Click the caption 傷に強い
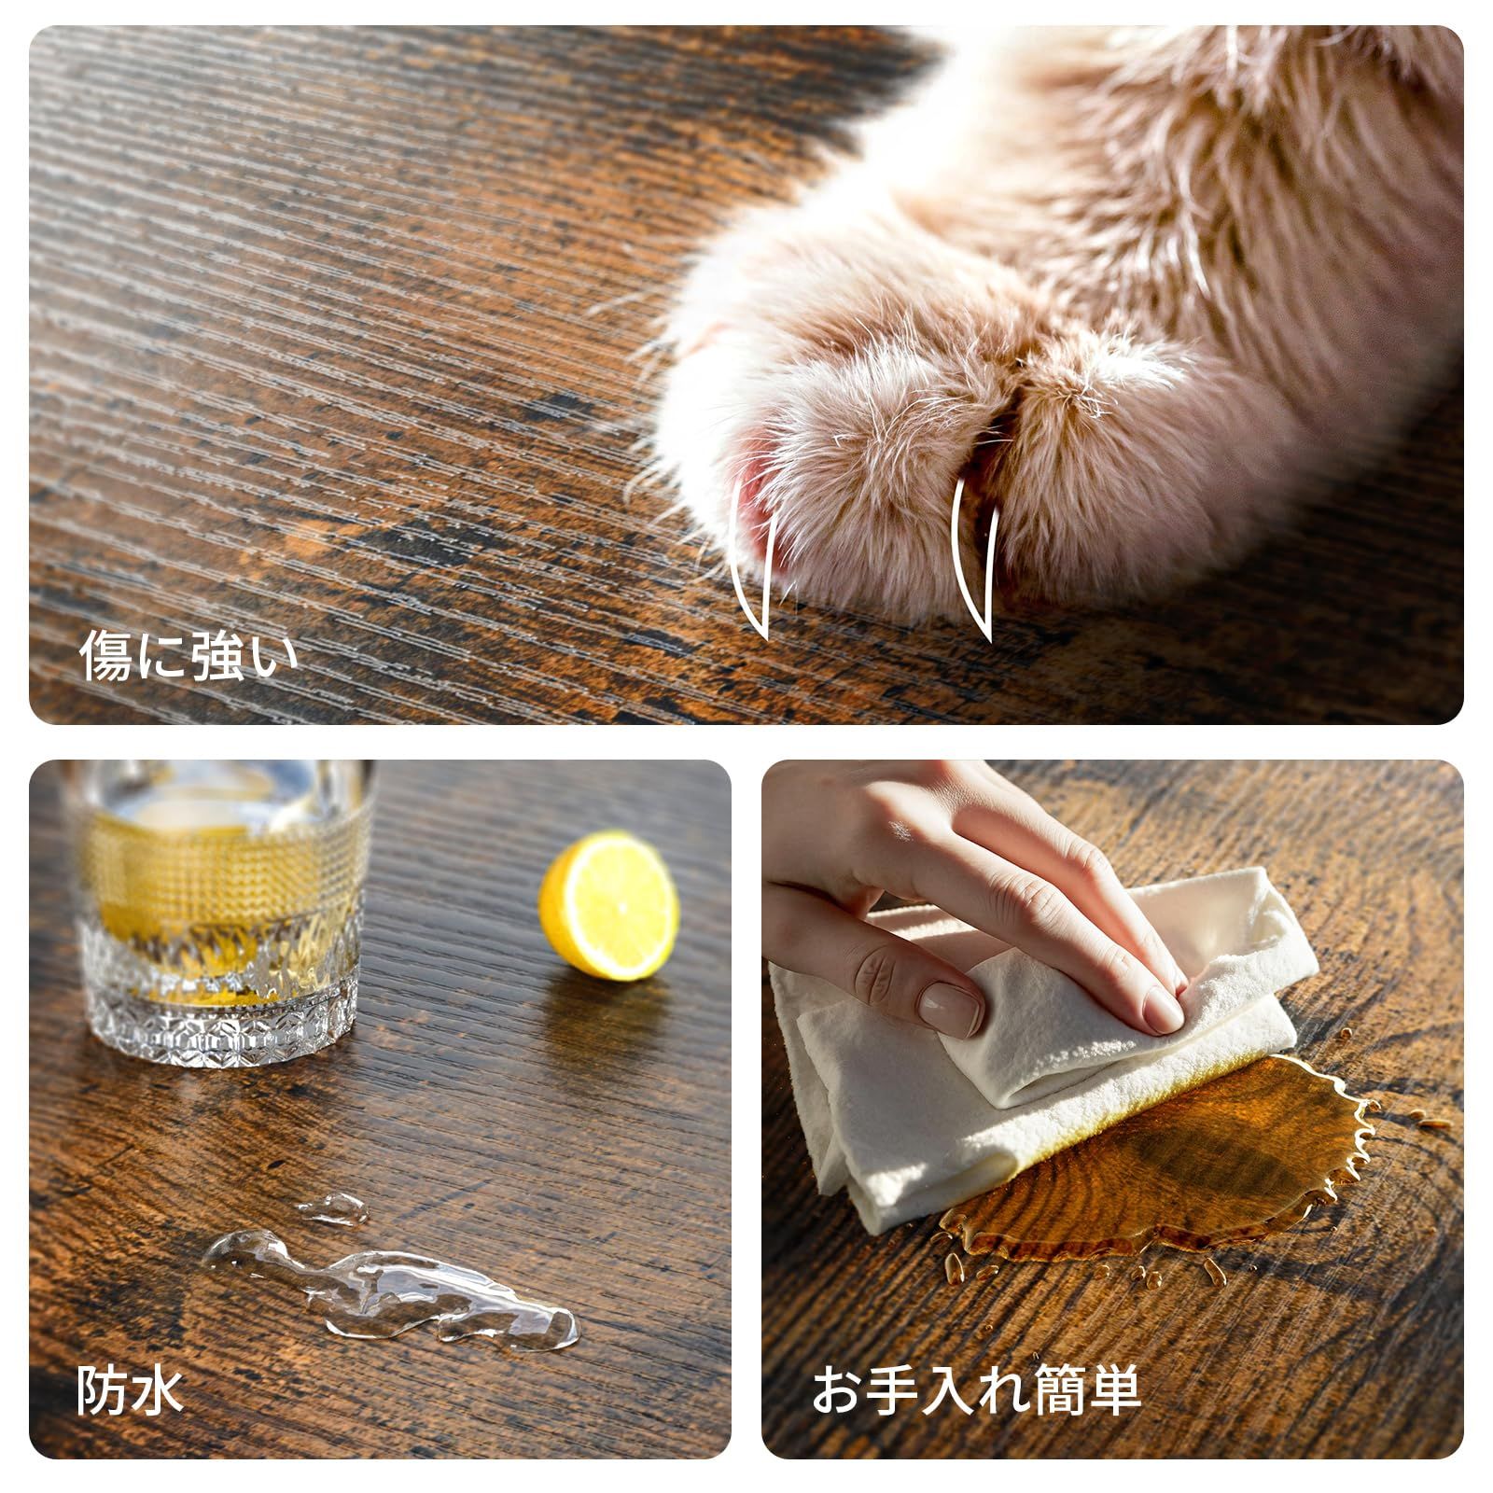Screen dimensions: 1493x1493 [188, 656]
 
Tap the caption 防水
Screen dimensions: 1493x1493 [130, 1392]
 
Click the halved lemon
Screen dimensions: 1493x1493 [608, 906]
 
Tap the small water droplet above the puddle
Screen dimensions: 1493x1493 [332, 1208]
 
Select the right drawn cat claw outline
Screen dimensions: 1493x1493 [973, 562]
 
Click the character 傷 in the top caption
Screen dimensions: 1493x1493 [105, 656]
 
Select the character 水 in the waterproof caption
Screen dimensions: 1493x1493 [158, 1392]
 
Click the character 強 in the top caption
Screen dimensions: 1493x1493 [216, 656]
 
